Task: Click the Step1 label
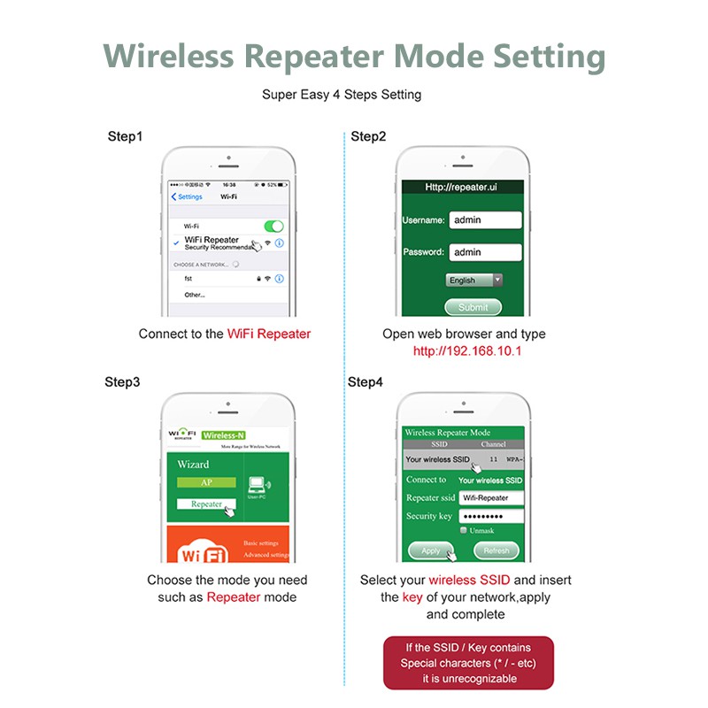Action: click(x=125, y=136)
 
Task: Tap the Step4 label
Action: click(x=366, y=382)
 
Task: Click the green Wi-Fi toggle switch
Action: click(x=273, y=227)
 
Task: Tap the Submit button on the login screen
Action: click(x=473, y=307)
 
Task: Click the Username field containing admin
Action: click(x=485, y=219)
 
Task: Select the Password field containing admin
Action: click(x=485, y=252)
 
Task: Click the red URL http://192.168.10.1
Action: click(x=467, y=350)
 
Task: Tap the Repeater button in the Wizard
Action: click(x=207, y=504)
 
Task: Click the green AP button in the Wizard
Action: click(x=206, y=483)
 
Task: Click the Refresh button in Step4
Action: click(x=496, y=550)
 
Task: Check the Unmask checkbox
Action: click(x=464, y=530)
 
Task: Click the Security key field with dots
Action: click(x=491, y=516)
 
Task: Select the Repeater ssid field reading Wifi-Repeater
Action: click(x=491, y=497)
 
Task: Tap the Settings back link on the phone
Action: click(x=188, y=196)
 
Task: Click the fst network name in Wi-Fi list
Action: click(x=189, y=278)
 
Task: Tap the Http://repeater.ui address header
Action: click(x=462, y=187)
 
